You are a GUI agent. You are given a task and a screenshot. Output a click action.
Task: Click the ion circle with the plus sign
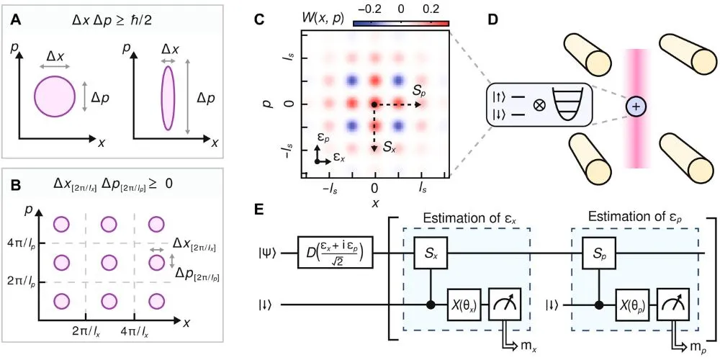tap(636, 107)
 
